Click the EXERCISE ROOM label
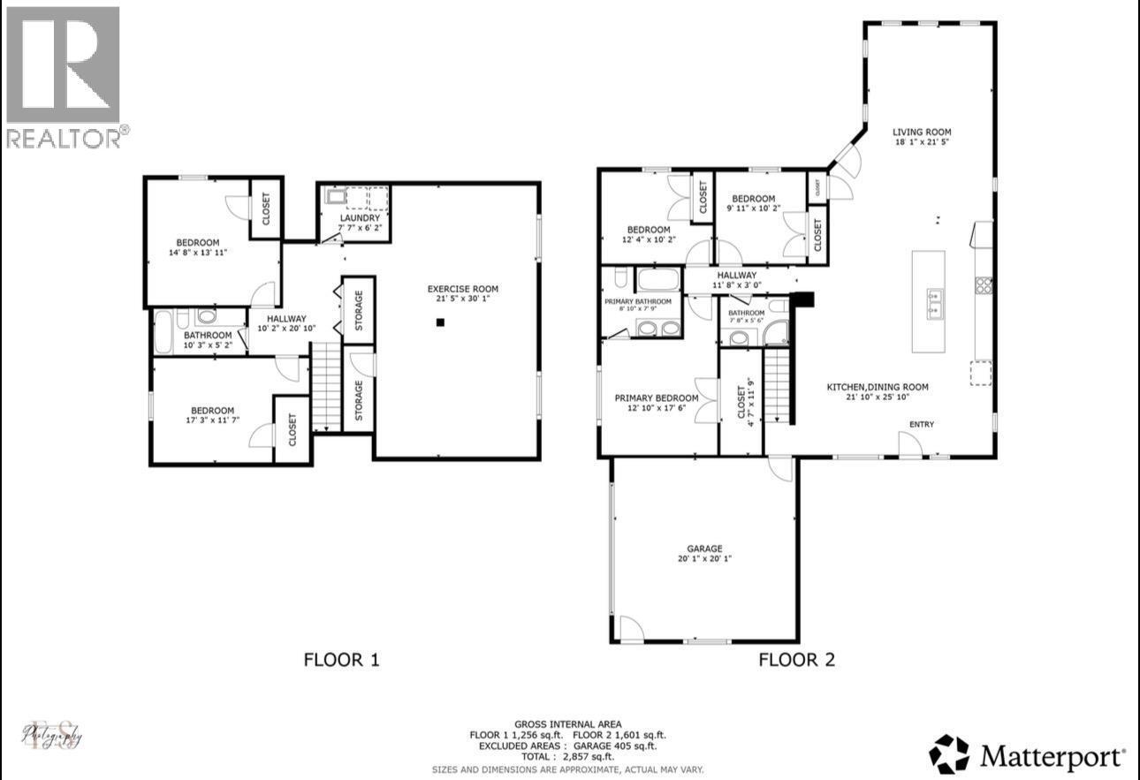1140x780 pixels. pos(462,289)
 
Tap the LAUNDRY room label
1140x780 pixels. pos(360,218)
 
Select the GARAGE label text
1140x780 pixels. pos(704,548)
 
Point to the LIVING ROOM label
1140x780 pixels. pos(921,133)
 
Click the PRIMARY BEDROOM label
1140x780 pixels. pos(656,398)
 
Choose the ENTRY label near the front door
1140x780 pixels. pos(921,425)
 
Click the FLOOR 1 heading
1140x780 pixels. pos(341,659)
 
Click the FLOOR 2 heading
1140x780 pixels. pos(796,659)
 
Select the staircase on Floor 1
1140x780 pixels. pos(326,387)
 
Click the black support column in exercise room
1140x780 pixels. pos(439,322)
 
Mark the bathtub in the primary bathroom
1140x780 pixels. pos(658,281)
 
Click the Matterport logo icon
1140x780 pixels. pos(949,754)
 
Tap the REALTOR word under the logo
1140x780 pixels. pos(65,138)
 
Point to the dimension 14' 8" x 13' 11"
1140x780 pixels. pos(197,253)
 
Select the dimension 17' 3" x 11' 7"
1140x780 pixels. pos(212,420)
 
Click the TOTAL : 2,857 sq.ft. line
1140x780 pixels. pos(568,757)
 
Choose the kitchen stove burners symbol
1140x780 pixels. pos(984,284)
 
